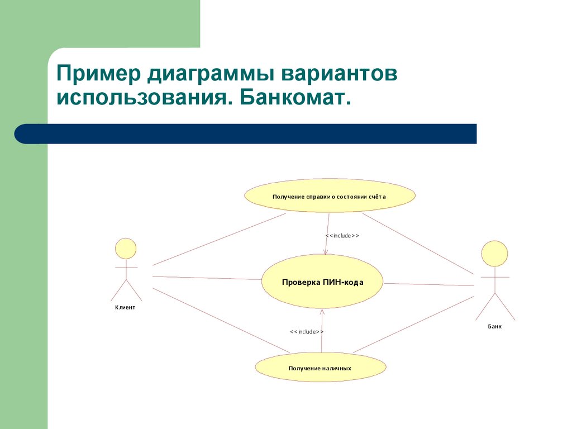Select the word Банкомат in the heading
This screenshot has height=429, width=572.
pos(297,99)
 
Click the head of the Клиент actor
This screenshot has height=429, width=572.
pos(126,249)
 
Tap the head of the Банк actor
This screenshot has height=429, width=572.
pos(494,254)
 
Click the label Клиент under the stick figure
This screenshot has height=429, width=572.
pos(125,307)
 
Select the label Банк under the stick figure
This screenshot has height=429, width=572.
pos(494,326)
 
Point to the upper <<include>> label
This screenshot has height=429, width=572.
pos(342,236)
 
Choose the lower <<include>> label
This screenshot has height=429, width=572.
pos(307,332)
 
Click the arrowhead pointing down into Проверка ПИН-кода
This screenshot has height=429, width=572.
pos(326,252)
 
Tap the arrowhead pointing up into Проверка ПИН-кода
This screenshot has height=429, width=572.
pos(323,312)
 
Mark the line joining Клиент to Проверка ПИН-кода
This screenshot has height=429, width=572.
pos(207,278)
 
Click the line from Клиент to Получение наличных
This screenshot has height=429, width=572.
pos(221,321)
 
